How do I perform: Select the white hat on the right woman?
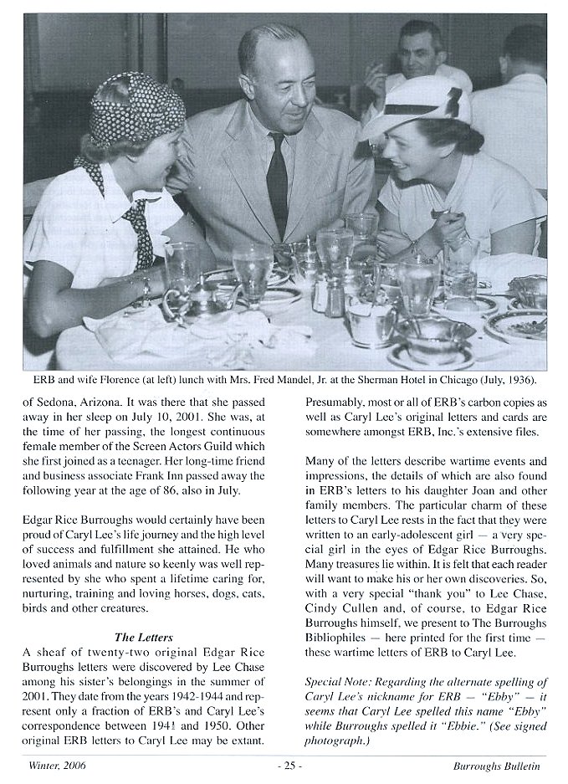(416, 108)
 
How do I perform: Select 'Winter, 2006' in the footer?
(57, 765)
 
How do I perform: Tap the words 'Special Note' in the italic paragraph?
(337, 682)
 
